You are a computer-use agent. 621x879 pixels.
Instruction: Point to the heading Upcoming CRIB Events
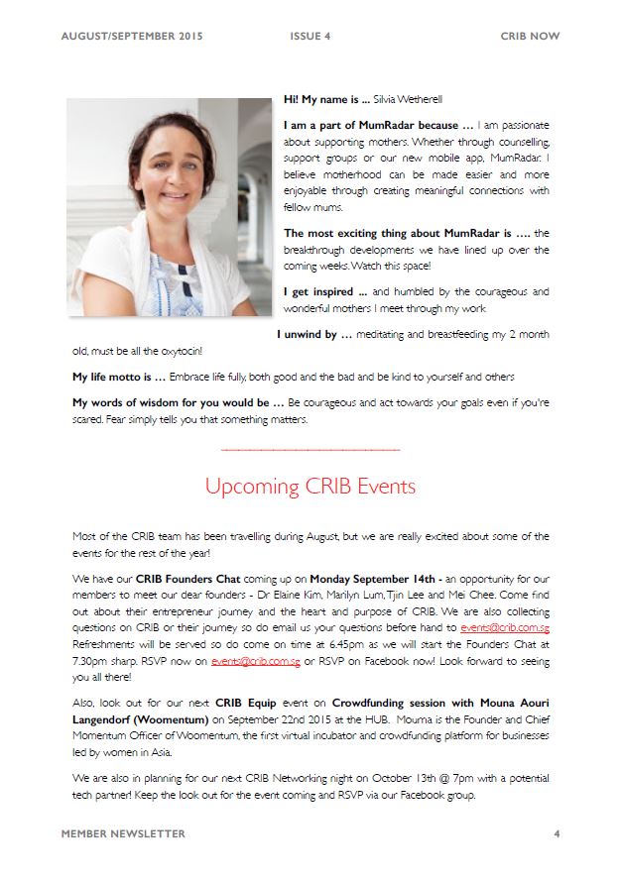pos(310,487)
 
